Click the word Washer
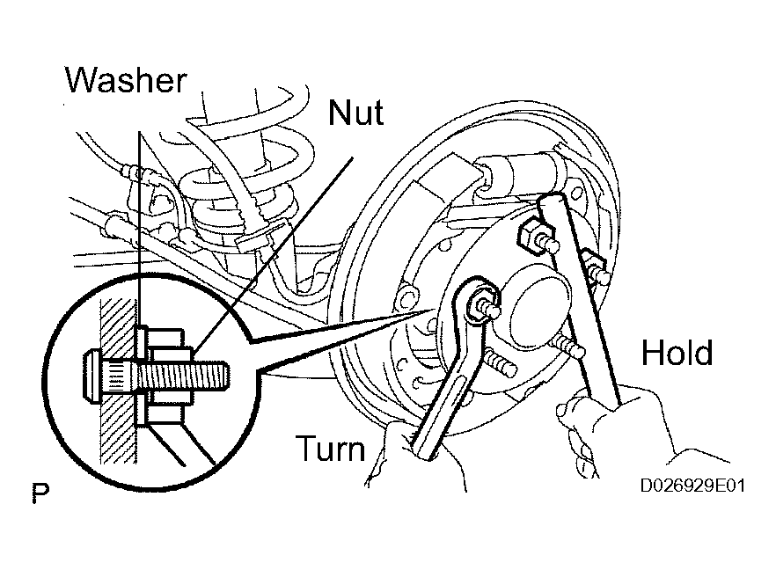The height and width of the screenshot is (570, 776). (x=126, y=80)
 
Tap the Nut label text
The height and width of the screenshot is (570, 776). (x=355, y=113)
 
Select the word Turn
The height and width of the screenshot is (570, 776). (x=331, y=448)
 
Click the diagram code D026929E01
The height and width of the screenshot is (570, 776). (x=692, y=486)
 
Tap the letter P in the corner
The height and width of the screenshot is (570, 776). (x=40, y=493)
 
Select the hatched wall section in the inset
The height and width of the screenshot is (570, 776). (x=118, y=381)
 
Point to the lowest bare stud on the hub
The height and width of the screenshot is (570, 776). (x=500, y=363)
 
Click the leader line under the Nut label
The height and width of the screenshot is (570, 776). (x=273, y=256)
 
